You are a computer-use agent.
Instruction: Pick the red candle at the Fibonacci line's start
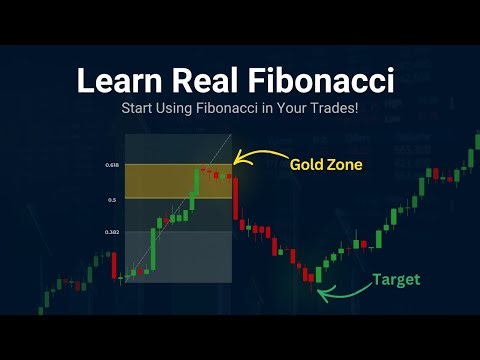pyautogui.click(x=115, y=265)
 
